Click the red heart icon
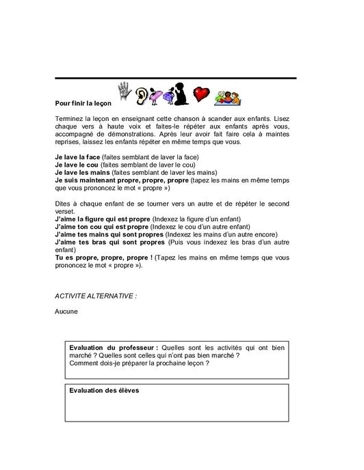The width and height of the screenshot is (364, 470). (200, 95)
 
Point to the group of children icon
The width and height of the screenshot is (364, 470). (226, 96)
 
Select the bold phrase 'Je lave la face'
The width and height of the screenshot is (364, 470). (77, 158)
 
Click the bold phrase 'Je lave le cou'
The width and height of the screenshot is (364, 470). (76, 165)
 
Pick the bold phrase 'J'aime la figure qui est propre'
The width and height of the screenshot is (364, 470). (102, 219)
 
